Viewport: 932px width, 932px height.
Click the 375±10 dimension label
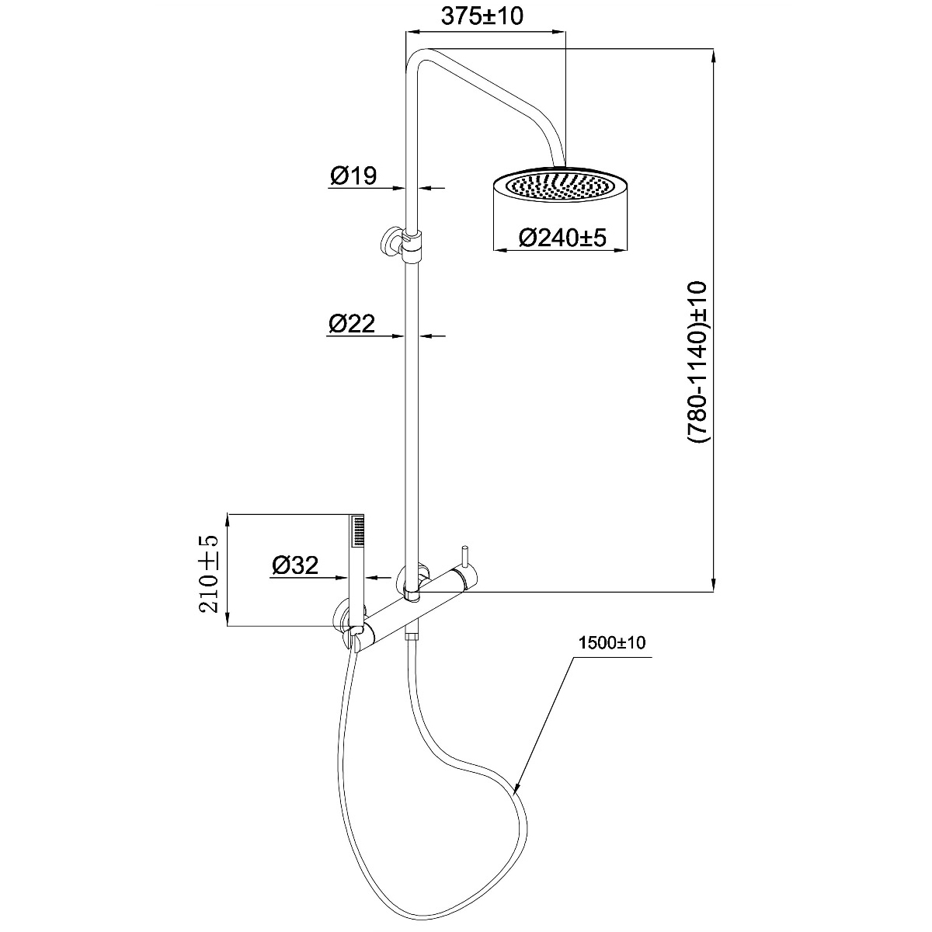pos(482,16)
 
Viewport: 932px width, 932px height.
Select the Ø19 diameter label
pos(353,175)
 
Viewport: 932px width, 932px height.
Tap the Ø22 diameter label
pos(352,323)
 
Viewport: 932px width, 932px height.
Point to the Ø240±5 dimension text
pos(562,238)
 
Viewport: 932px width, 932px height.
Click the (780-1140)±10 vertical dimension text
pos(698,362)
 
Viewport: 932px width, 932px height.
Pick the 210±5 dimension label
pos(210,574)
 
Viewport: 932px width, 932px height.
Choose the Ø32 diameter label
pos(295,565)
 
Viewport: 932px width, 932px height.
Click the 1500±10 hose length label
pos(612,643)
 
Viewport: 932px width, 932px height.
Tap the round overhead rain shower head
pos(561,186)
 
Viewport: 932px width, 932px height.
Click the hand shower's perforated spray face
pos(357,531)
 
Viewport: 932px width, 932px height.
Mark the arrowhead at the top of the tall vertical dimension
pos(715,54)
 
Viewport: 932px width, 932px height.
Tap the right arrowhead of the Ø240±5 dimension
pos(622,250)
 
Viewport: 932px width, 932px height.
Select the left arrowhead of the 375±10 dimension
pos(412,32)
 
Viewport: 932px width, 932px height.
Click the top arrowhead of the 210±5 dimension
pos(227,520)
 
